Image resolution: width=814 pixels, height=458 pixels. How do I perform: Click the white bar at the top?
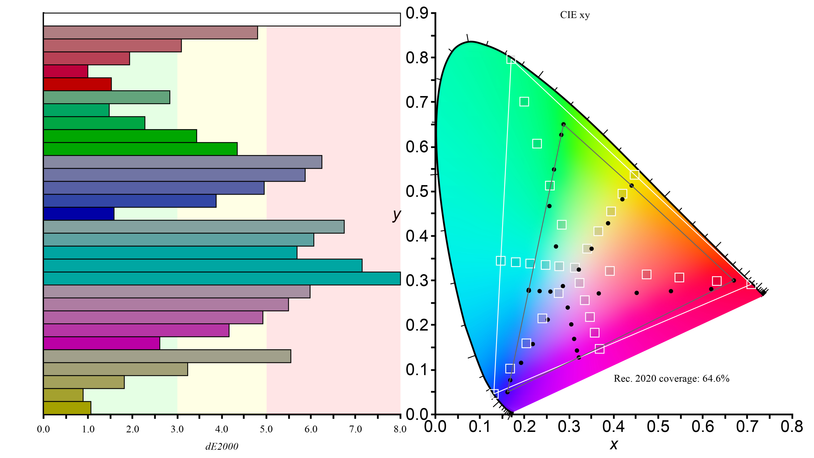click(x=221, y=19)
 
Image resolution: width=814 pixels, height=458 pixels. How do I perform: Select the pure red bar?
click(x=77, y=84)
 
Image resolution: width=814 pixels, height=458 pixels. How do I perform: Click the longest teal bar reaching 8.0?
click(x=221, y=278)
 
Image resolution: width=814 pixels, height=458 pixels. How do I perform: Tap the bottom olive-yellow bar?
click(x=67, y=408)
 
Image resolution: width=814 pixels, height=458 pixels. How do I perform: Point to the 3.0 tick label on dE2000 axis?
click(x=177, y=429)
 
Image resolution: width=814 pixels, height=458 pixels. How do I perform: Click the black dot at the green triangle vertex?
click(x=563, y=124)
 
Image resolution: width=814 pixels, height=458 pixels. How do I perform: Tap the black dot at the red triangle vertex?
click(x=734, y=280)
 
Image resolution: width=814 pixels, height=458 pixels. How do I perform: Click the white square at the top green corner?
click(x=511, y=59)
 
